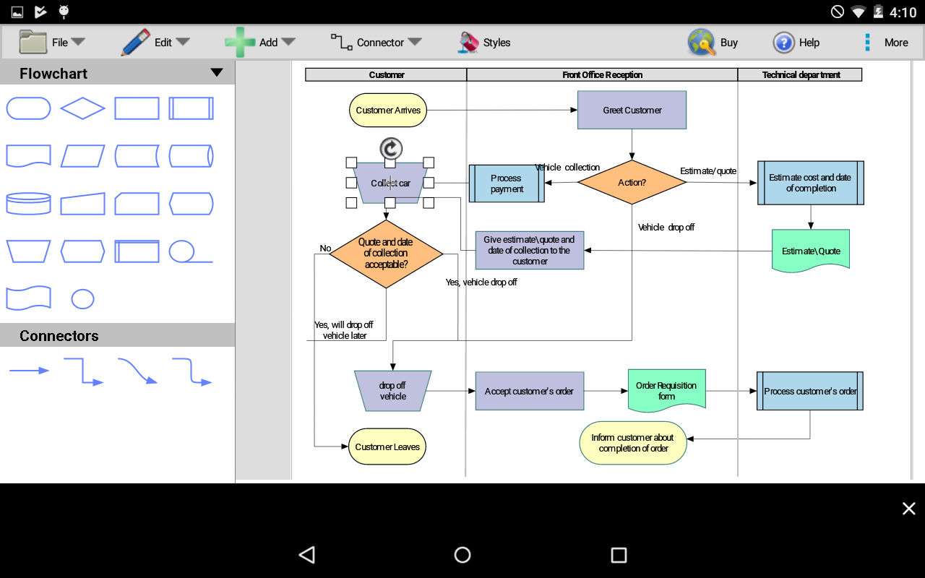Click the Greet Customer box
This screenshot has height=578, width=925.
point(632,110)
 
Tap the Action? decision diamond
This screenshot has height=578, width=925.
point(632,183)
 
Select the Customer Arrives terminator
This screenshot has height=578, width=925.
point(388,111)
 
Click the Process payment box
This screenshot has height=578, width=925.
point(507,184)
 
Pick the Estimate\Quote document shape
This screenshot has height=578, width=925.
point(811,251)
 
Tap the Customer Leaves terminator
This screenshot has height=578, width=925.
point(387,447)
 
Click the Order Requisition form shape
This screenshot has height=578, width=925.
point(666,391)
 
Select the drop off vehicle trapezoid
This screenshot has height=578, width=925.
point(392,391)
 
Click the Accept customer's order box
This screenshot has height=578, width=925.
point(529,391)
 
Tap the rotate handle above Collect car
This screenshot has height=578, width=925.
point(390,149)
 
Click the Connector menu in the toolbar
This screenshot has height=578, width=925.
point(376,43)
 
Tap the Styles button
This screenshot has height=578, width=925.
point(484,43)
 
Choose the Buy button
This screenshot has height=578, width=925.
point(713,43)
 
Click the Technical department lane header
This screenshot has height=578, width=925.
point(800,74)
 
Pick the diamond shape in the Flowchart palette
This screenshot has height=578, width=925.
point(82,109)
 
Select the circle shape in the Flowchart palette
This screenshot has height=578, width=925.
point(82,298)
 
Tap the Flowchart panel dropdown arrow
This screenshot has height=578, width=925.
point(216,73)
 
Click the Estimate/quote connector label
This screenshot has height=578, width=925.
point(708,171)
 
